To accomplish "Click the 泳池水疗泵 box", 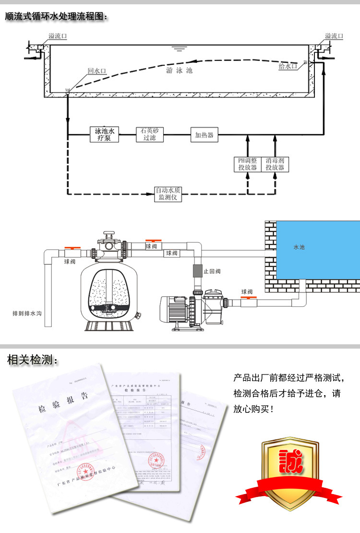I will click(x=104, y=134).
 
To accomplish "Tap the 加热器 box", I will click(x=204, y=134).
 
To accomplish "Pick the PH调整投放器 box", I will click(x=248, y=164).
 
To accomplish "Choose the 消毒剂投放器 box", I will click(x=275, y=164).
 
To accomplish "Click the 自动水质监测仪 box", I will click(x=168, y=194).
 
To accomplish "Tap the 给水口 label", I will click(x=288, y=66).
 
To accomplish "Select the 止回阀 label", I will click(x=212, y=271).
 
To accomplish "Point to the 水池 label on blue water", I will click(x=299, y=247).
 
